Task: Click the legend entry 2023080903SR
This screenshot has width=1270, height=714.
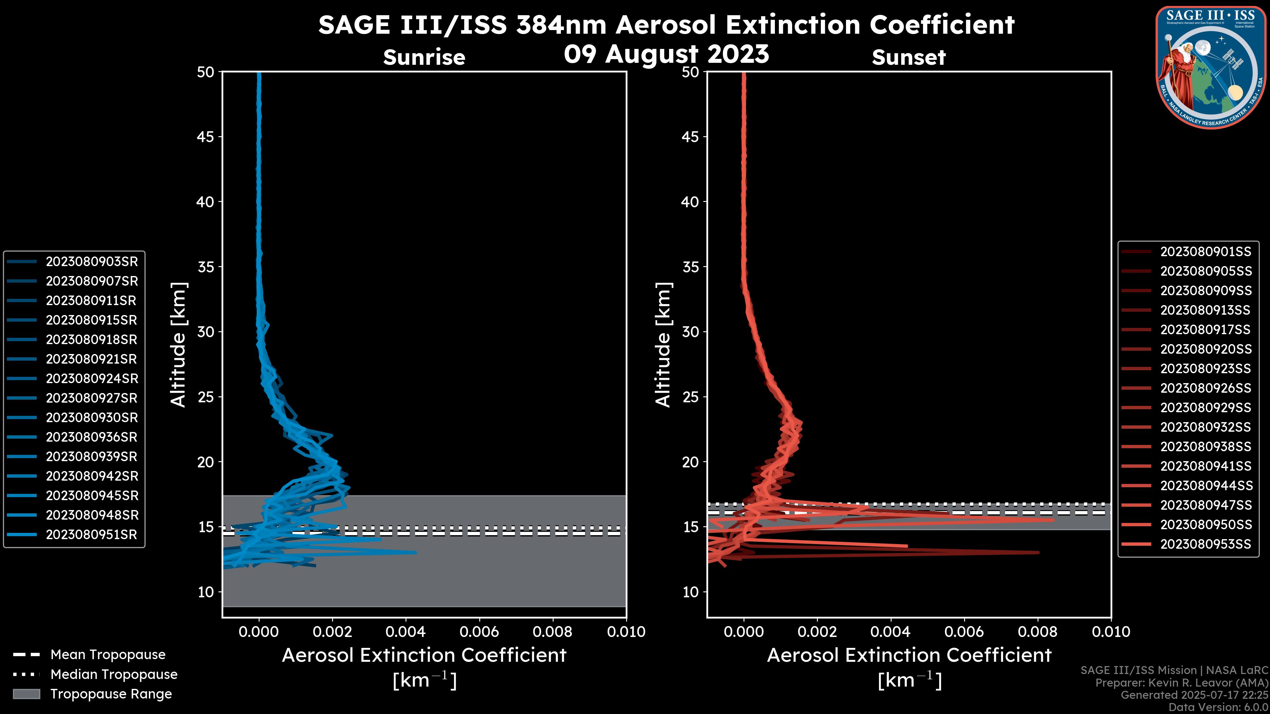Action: click(92, 262)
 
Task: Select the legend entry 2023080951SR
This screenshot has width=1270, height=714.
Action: click(91, 535)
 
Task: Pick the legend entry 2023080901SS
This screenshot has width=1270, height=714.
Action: click(1206, 252)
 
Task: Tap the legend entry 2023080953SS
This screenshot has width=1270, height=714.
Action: click(1206, 544)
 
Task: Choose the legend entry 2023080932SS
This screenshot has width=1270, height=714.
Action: click(1206, 427)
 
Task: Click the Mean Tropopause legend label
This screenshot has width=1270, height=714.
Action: click(108, 655)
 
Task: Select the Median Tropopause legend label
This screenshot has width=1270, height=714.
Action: click(114, 675)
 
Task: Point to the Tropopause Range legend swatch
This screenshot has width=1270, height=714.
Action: click(26, 694)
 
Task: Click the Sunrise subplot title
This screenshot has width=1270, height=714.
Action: click(424, 58)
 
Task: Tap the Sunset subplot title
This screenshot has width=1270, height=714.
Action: click(909, 58)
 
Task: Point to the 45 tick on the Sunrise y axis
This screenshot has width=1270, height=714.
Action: click(206, 137)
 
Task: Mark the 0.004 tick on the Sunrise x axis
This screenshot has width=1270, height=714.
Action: click(405, 632)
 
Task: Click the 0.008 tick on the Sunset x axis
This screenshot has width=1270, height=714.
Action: click(1037, 632)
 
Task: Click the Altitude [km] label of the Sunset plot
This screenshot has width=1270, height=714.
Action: click(663, 345)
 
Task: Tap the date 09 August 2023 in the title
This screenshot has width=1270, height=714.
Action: click(666, 54)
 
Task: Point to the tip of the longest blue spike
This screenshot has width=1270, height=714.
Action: click(416, 552)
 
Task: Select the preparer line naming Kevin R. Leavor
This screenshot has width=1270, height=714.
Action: click(1181, 683)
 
